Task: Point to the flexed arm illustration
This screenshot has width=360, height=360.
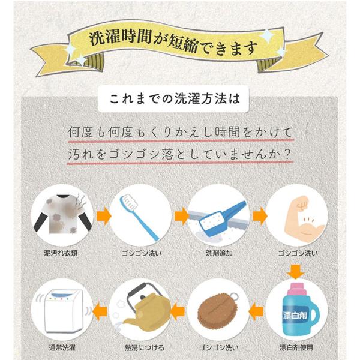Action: pos(304,218)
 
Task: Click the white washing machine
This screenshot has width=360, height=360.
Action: pos(63,311)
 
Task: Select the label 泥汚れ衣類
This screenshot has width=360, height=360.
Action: pos(61,253)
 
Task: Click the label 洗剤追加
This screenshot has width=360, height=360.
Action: pos(219,253)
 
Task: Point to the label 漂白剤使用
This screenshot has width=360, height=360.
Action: pos(296,347)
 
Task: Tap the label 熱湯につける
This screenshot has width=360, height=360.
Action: pos(145,347)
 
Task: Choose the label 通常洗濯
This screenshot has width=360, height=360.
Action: pos(62,347)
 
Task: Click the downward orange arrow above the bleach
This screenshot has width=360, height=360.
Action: pos(296,272)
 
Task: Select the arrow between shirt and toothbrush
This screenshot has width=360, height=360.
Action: pos(104,216)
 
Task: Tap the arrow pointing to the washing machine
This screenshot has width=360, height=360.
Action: pos(100,311)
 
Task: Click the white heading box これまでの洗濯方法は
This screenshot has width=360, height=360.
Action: pos(173,99)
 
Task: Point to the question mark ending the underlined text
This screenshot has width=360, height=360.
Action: pos(286,154)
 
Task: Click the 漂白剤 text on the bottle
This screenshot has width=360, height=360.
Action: pos(295,316)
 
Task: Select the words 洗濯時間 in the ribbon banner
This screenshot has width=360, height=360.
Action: pos(121,37)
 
